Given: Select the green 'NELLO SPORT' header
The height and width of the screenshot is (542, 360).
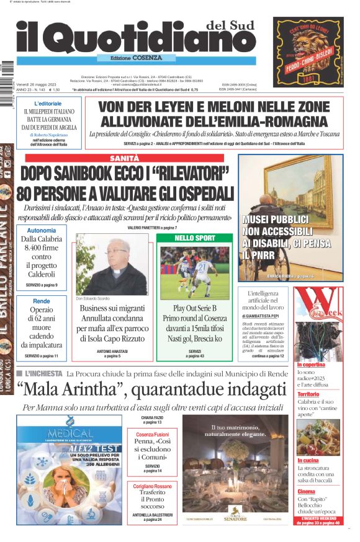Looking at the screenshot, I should pyautogui.click(x=195, y=238).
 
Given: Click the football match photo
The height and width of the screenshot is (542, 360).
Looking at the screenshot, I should pyautogui.click(x=195, y=270).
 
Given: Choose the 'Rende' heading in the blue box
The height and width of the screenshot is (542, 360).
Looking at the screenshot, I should pyautogui.click(x=42, y=301).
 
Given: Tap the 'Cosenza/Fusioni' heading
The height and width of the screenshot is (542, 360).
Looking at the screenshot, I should pyautogui.click(x=152, y=435).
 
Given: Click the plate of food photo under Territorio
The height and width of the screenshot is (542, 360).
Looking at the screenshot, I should pyautogui.click(x=318, y=437).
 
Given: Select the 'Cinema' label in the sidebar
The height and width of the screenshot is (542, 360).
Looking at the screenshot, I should pyautogui.click(x=306, y=491).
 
